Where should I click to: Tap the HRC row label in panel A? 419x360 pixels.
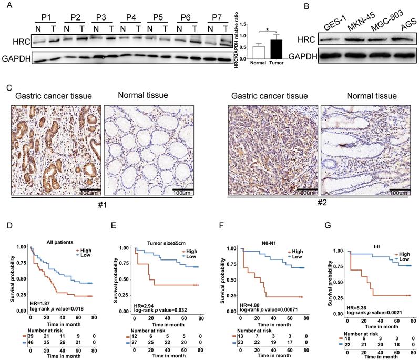click(x=19, y=39)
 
